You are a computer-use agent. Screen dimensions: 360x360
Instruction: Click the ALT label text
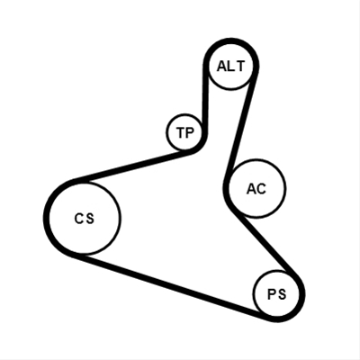coord(230,67)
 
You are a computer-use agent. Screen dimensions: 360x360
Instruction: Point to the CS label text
coord(85,219)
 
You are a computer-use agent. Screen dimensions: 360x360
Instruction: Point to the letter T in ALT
coord(239,67)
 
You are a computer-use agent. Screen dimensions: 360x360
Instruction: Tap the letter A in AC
coord(251,189)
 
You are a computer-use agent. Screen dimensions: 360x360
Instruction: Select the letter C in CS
coord(78,219)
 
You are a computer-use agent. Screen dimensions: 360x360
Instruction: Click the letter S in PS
coord(282,294)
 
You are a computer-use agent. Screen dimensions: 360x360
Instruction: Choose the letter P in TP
coord(190,132)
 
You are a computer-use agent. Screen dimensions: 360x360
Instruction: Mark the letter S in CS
coord(90,219)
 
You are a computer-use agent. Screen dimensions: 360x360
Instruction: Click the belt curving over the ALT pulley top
coord(231,41)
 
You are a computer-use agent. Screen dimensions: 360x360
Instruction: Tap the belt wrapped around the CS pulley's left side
coord(46,219)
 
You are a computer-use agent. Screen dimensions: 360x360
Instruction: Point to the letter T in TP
coord(181,132)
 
